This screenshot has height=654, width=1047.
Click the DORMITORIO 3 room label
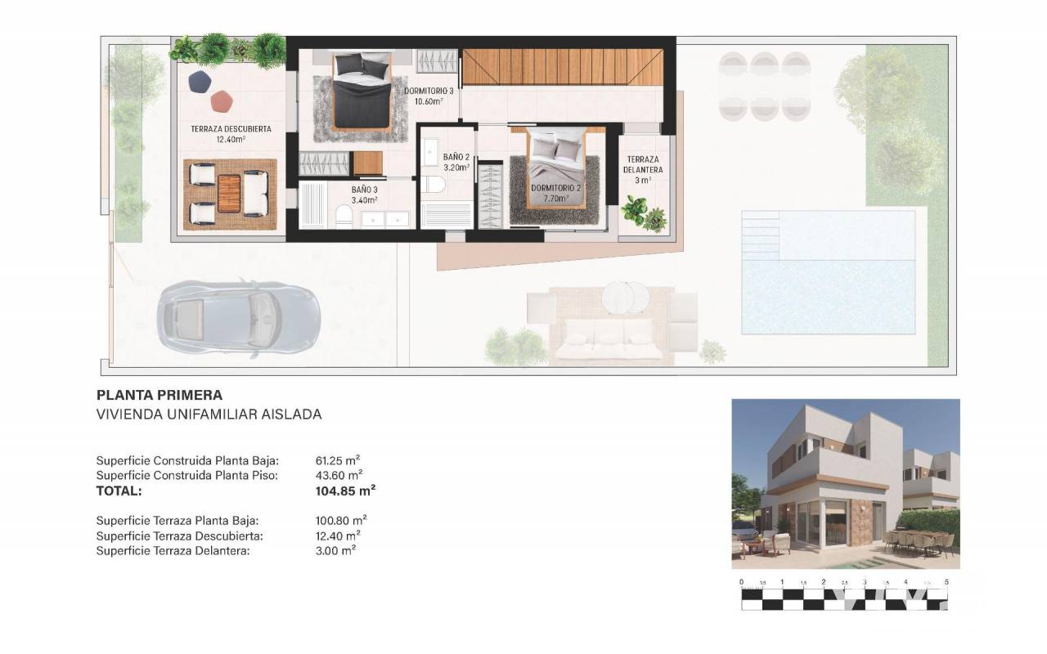click(429, 96)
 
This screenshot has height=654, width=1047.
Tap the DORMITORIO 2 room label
click(555, 193)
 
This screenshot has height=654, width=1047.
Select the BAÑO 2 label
click(456, 162)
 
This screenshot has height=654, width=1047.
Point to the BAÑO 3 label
click(365, 195)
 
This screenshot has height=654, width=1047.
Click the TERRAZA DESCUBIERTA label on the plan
click(231, 133)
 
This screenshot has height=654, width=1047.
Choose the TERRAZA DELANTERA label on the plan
click(643, 169)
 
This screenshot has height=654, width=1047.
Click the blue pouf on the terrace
click(200, 82)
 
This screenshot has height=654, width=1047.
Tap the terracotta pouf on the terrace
click(222, 101)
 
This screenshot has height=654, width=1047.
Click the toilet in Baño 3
click(344, 217)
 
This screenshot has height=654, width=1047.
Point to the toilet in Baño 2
click(434, 185)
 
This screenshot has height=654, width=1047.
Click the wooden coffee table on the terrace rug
click(229, 193)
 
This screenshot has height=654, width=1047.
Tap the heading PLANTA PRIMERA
click(160, 395)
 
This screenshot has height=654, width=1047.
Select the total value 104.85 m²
click(345, 490)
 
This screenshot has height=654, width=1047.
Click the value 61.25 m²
click(338, 460)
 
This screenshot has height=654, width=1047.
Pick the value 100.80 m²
click(341, 520)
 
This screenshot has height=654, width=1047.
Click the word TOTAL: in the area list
click(119, 491)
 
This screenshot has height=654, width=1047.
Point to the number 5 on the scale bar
click(946, 582)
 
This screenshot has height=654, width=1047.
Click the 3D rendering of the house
click(846, 483)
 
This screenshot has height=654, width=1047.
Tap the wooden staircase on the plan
click(562, 67)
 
